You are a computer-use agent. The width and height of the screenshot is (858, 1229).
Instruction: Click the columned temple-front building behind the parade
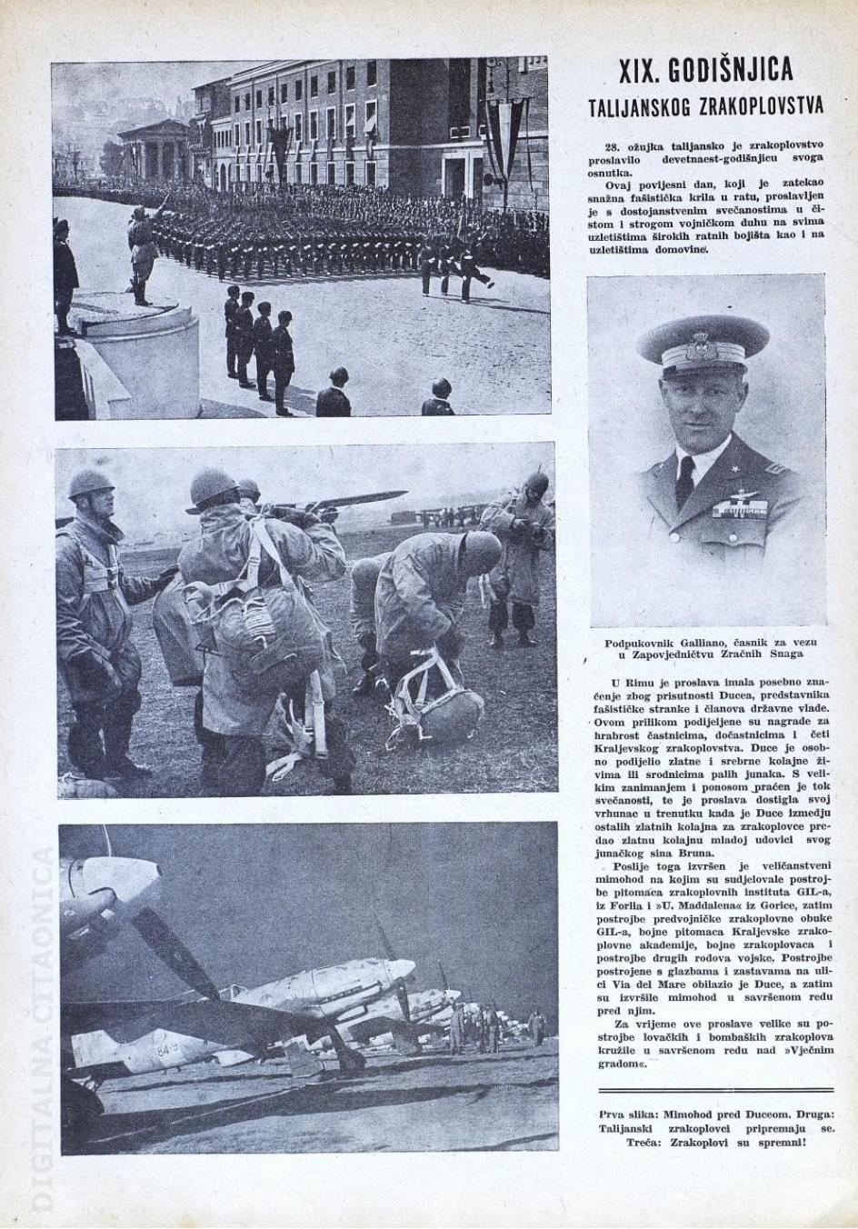153,151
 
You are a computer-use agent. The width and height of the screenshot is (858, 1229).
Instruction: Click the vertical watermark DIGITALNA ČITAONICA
44,1027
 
